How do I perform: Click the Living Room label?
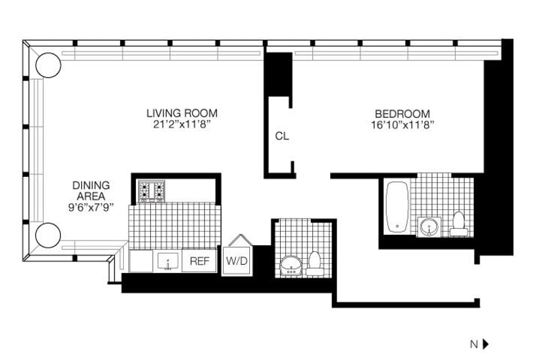[x=182, y=113]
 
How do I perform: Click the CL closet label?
[x=282, y=136]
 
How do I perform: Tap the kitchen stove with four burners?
[x=151, y=191]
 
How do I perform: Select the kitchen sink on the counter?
[x=166, y=260]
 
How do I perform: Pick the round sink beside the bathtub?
[x=429, y=227]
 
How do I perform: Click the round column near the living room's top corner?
[x=48, y=65]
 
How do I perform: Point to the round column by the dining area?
[x=48, y=235]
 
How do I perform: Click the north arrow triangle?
[x=486, y=344]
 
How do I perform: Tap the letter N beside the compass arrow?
[x=474, y=344]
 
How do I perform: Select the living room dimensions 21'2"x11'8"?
[x=182, y=124]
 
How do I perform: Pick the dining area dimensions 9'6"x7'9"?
[x=91, y=207]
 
